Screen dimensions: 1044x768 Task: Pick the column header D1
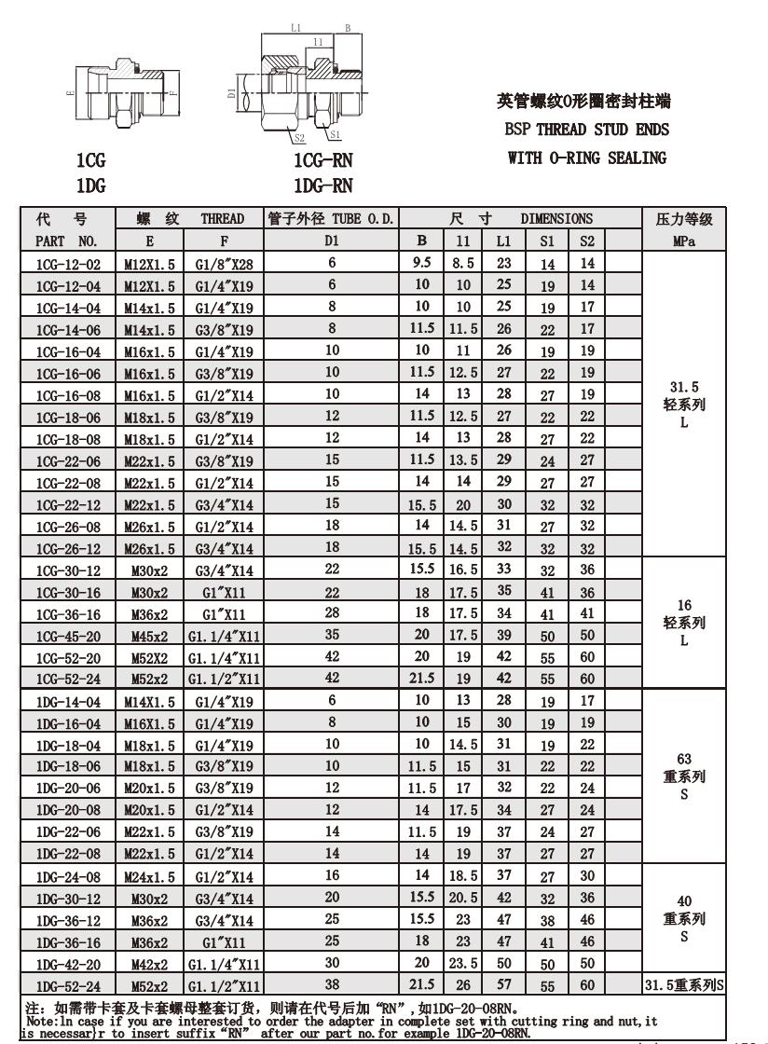[x=332, y=240]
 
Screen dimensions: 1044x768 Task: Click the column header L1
[x=503, y=240]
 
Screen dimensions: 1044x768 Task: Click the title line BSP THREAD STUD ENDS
[x=583, y=129]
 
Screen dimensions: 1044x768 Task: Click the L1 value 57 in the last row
[x=503, y=984]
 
